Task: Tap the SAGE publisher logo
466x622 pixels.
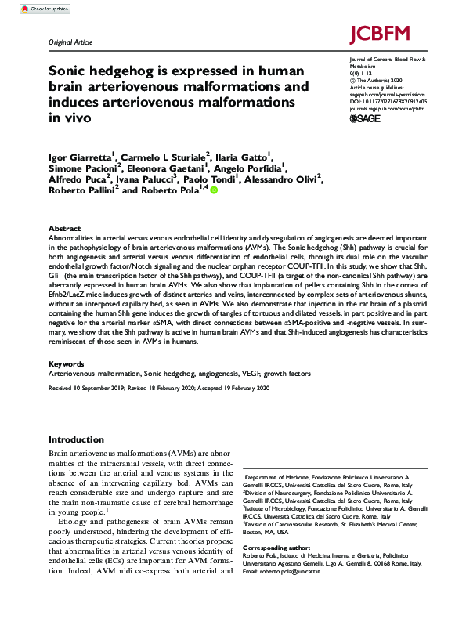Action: click(x=364, y=118)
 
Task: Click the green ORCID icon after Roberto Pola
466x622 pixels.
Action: click(x=214, y=190)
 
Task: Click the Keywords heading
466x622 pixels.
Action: click(x=66, y=364)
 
